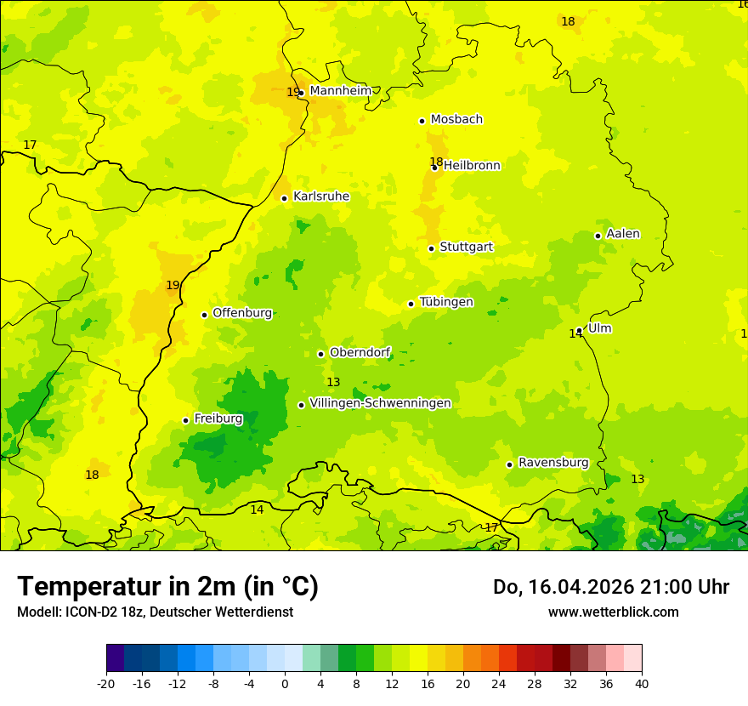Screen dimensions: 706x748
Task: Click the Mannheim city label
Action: coord(340,91)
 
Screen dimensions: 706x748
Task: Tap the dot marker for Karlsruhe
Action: coord(285,198)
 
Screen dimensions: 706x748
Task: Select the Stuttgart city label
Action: coord(466,248)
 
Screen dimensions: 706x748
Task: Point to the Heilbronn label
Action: coord(472,166)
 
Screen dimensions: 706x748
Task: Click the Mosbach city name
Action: coord(456,120)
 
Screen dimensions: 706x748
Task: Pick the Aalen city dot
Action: coord(598,236)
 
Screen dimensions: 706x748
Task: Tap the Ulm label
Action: coord(599,328)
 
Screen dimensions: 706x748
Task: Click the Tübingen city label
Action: coord(446,303)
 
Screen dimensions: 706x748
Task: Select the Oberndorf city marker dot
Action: coord(320,354)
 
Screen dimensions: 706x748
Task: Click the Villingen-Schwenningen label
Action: coord(380,403)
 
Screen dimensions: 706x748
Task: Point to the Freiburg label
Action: coord(218,418)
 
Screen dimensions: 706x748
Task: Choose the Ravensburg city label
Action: coord(553,463)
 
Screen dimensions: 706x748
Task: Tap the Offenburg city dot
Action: coord(204,315)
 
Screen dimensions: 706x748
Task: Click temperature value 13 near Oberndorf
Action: coord(333,383)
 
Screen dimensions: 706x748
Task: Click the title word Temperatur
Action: coord(83,586)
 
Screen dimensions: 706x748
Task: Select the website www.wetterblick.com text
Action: coord(613,612)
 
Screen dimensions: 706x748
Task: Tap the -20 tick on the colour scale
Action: coord(106,683)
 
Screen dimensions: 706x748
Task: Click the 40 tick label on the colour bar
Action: coord(642,683)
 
